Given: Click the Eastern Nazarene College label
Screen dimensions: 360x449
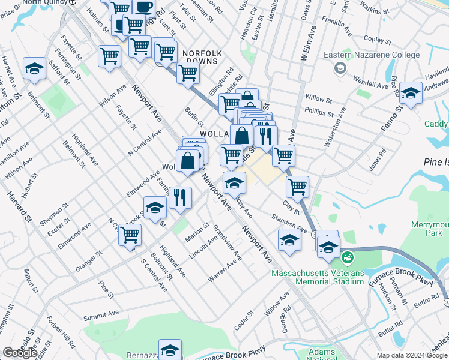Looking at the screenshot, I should click(x=372, y=55).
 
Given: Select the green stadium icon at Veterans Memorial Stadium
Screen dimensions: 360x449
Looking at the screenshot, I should click(x=346, y=259).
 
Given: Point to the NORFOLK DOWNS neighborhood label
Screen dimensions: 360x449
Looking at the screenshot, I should click(x=202, y=58).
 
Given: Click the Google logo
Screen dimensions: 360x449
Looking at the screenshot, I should click(x=20, y=353).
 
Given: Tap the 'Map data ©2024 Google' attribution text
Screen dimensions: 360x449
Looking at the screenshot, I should click(x=412, y=355).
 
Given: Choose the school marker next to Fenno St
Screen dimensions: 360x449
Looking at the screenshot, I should click(x=411, y=94).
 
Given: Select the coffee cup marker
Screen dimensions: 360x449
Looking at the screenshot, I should click(x=143, y=7).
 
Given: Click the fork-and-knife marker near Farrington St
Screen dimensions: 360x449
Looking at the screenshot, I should click(x=180, y=197).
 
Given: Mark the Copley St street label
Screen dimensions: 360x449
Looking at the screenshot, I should click(x=378, y=38).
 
